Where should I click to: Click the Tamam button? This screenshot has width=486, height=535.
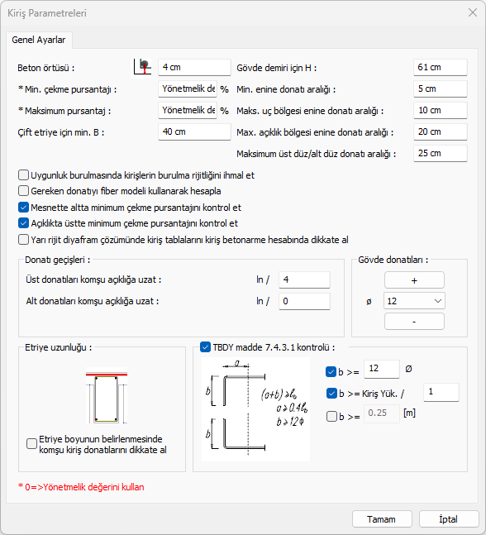(382, 519)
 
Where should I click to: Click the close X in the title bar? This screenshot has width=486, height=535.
(473, 12)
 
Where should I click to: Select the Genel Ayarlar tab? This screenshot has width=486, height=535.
(39, 40)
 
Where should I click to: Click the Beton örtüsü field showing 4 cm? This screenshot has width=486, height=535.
(194, 67)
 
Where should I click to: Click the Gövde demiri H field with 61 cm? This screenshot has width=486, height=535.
(441, 67)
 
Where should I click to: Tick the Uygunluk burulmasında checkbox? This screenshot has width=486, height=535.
(23, 175)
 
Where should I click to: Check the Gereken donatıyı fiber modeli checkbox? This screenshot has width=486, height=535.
(23, 191)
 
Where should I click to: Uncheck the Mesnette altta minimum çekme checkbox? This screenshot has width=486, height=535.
(23, 208)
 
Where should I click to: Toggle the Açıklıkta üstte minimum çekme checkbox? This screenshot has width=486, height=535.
(23, 223)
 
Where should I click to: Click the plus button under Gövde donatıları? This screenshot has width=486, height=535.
(414, 280)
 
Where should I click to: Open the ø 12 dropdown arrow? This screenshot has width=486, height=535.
(438, 301)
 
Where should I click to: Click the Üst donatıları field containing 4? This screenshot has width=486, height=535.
(304, 279)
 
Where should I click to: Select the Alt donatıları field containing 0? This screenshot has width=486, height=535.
(304, 301)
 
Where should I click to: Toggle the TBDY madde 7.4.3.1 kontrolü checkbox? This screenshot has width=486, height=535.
(205, 347)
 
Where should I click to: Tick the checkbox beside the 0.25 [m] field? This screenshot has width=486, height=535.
(331, 416)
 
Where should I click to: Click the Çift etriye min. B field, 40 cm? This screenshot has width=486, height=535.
(194, 131)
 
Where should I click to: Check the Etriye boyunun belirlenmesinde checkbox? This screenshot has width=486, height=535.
(31, 443)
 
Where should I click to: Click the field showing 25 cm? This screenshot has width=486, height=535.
(441, 153)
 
